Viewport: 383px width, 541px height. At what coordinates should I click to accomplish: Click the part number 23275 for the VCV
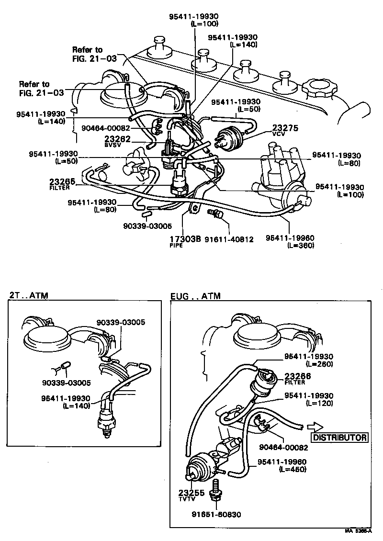point(285,128)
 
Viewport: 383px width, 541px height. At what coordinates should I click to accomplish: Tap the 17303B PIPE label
point(184,239)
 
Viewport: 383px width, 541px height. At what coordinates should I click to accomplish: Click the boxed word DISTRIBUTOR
point(340,437)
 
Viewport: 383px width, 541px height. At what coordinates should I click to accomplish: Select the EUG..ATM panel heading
point(195,296)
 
